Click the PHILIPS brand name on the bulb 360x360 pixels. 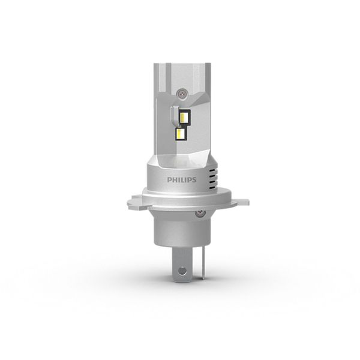pyautogui.click(x=182, y=180)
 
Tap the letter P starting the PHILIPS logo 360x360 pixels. pyautogui.click(x=169, y=180)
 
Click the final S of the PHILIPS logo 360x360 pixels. pyautogui.click(x=194, y=180)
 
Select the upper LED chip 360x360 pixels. pyautogui.click(x=184, y=118)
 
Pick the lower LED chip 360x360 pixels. pyautogui.click(x=181, y=134)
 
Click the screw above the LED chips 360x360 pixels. pyautogui.click(x=182, y=93)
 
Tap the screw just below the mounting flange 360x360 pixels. pyautogui.click(x=200, y=213)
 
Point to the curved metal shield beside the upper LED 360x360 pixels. pyautogui.click(x=175, y=116)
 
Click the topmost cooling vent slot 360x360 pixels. pyautogui.click(x=214, y=171)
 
